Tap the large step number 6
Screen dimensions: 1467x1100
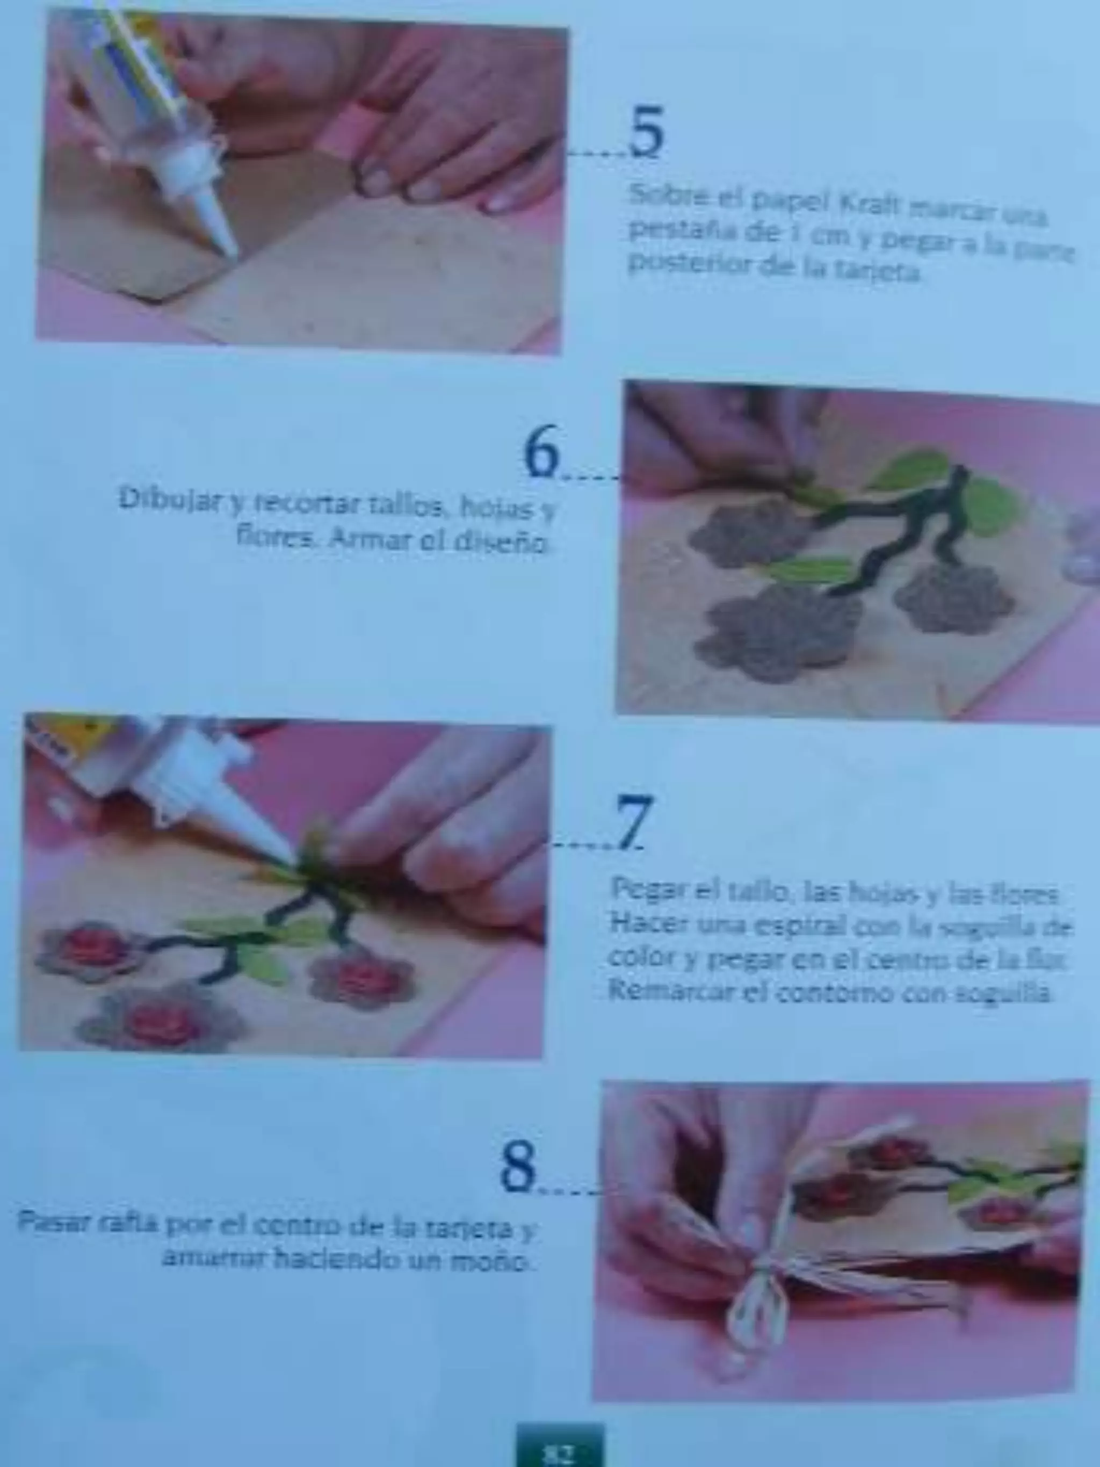pos(542,453)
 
